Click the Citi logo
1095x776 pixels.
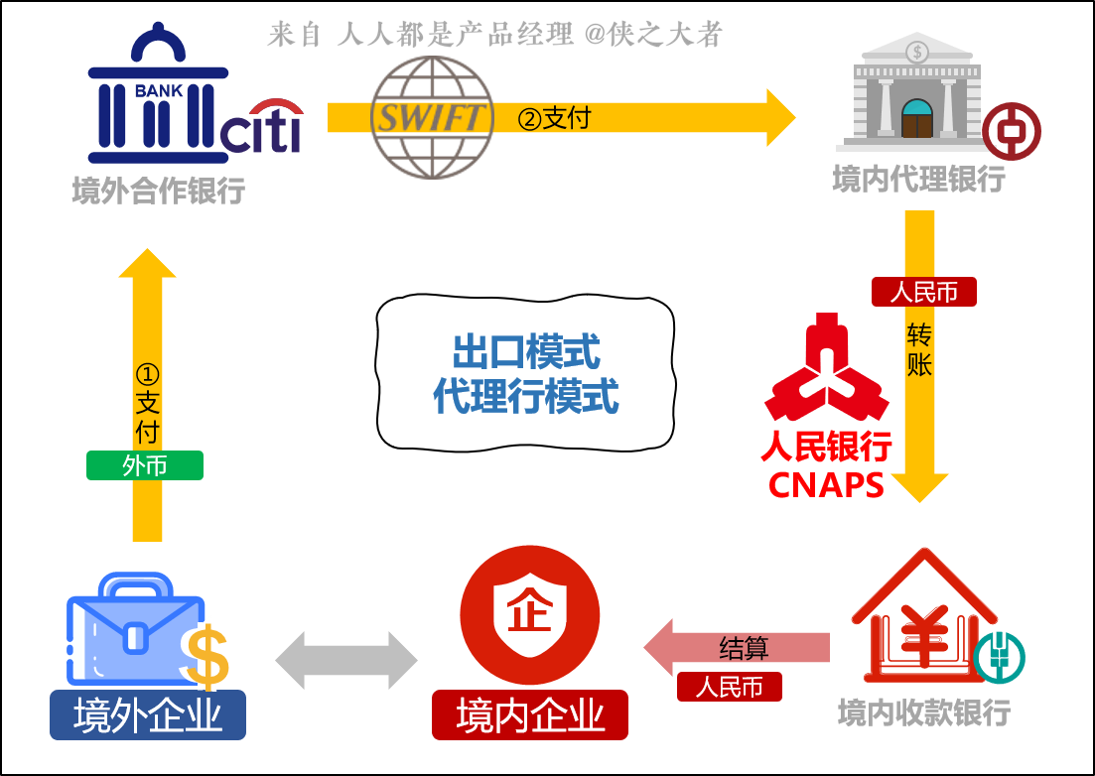coord(261,128)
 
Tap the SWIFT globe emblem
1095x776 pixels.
coord(431,117)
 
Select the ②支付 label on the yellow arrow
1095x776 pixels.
coord(554,118)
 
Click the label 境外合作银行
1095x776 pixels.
coord(159,190)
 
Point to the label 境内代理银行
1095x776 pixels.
coord(918,180)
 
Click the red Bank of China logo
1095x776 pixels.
coord(1011,132)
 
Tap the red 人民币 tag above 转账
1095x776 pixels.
coord(923,292)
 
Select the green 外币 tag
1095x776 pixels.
coord(145,465)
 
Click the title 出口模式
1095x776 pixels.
coord(525,351)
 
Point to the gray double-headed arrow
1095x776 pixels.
coord(346,660)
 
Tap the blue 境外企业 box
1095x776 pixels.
coord(148,715)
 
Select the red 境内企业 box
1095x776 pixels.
coord(530,715)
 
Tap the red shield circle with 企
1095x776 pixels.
coord(530,614)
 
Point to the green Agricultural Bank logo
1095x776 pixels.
coord(998,657)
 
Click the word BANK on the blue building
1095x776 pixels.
coord(159,91)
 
